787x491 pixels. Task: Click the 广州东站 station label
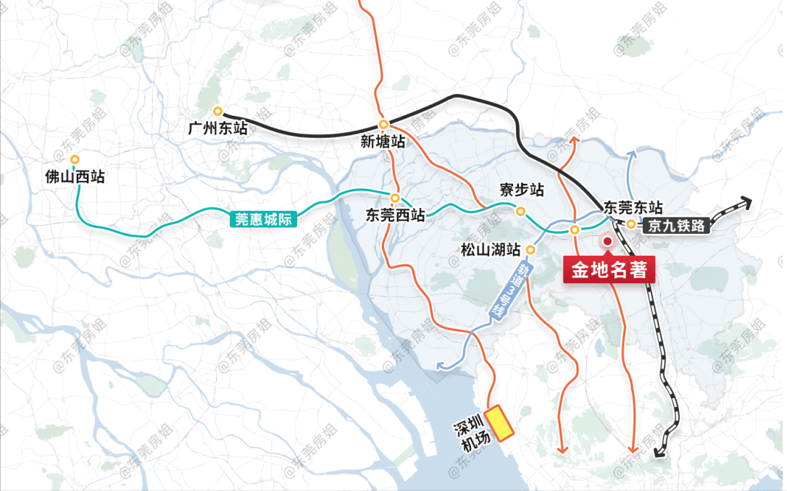[x=217, y=129]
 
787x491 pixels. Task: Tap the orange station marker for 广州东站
[x=217, y=111]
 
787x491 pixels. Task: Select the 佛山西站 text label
[x=75, y=177]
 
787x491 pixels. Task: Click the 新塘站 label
[x=383, y=142]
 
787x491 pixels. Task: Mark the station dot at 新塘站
[x=383, y=124]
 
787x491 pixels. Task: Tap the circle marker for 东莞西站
[x=395, y=198]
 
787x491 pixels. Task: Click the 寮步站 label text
[x=522, y=190]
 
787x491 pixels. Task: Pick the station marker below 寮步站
[x=520, y=211]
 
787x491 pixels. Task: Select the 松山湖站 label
[x=491, y=251]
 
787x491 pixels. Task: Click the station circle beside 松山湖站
[x=530, y=250]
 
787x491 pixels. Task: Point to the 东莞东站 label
[x=633, y=207]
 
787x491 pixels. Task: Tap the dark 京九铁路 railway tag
[x=677, y=225]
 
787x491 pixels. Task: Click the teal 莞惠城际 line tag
[x=264, y=218]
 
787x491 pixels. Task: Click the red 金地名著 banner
[x=609, y=271]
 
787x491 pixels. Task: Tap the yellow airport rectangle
[x=499, y=422]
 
